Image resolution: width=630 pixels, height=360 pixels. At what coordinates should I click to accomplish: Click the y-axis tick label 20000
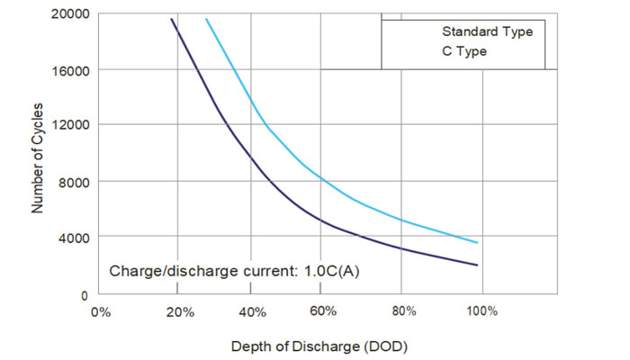tap(69, 14)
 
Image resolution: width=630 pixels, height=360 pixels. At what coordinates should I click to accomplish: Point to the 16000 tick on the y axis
tap(69, 70)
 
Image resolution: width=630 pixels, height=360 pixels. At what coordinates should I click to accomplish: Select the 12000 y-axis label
tap(69, 125)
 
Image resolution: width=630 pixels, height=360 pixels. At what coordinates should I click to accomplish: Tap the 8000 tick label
tap(73, 182)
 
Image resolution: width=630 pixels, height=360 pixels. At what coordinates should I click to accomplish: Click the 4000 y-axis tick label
tap(73, 238)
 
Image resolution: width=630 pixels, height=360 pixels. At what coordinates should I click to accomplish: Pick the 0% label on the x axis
tap(101, 311)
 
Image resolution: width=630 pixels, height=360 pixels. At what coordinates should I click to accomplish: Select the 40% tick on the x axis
tap(253, 311)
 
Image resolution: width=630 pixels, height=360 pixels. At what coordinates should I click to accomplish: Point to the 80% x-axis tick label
tap(404, 311)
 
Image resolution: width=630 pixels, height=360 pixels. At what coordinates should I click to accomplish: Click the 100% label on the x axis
tap(481, 311)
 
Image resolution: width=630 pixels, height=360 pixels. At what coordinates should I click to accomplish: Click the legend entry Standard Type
tap(487, 31)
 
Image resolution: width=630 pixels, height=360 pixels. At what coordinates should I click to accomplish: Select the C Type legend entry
tap(464, 51)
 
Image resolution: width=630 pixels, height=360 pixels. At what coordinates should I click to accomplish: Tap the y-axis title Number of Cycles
tap(39, 157)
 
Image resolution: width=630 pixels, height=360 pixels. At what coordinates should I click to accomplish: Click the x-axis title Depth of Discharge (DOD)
tap(313, 346)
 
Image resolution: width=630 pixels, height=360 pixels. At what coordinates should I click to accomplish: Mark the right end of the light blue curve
tap(477, 243)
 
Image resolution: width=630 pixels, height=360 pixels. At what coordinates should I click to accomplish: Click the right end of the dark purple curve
tap(477, 265)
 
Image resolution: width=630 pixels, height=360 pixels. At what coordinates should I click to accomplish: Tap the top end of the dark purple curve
tap(172, 19)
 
